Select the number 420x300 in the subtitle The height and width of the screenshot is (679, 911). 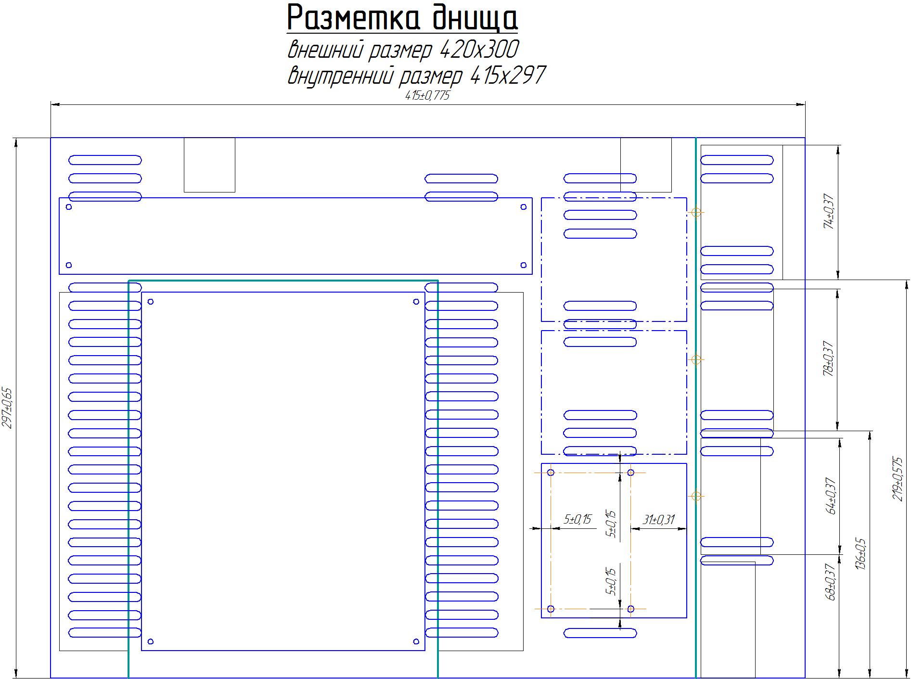[479, 50]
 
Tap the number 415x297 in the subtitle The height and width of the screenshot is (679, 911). [507, 76]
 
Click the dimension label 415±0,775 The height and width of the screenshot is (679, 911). [427, 95]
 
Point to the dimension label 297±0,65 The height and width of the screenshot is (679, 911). [8, 408]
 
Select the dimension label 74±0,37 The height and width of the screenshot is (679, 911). [829, 212]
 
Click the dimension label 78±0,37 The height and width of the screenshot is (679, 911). [829, 359]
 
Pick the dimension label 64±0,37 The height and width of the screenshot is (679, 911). [831, 496]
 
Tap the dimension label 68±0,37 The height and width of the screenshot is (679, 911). [831, 582]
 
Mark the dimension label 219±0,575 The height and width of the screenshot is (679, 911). [898, 479]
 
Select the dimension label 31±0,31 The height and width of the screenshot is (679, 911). [658, 520]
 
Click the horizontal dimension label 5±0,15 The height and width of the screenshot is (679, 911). [577, 520]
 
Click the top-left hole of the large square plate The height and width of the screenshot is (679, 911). [151, 302]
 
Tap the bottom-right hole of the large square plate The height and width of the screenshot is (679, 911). [416, 641]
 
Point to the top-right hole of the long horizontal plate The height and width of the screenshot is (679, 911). [524, 207]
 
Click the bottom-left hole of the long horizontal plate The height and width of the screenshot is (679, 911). [69, 265]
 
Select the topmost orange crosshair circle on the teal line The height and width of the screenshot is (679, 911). [696, 212]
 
